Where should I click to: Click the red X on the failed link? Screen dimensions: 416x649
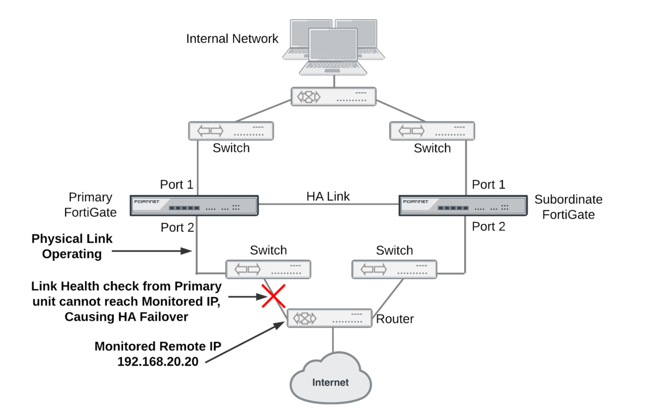coord(273,296)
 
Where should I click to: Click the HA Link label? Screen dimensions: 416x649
coord(328,196)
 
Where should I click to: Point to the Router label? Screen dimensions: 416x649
coord(395,319)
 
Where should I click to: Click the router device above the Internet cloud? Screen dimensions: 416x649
coord(329,318)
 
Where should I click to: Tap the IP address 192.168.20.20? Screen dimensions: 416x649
coord(158,362)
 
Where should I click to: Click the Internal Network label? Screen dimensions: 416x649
coord(232,39)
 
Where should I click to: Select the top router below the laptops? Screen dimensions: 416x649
coord(334,97)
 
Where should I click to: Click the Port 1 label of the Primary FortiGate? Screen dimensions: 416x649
coord(177,184)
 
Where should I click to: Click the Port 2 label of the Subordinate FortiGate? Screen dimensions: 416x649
coord(488,226)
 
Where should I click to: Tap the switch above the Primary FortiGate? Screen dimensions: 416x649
coord(231,131)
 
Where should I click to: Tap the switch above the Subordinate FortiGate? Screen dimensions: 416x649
coord(432,131)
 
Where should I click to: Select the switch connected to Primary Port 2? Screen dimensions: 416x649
coord(268,270)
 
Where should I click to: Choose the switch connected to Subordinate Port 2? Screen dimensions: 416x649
coord(394,270)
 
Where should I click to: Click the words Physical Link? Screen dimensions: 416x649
coord(72,239)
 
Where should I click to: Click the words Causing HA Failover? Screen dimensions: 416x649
coord(126,317)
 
